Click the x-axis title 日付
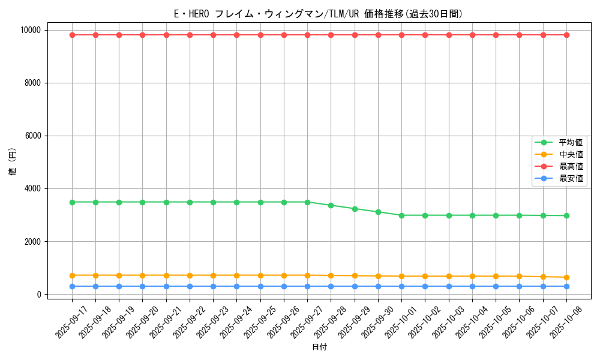pos(319,347)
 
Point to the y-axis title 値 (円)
pos(13,162)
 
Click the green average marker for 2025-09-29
pos(355,209)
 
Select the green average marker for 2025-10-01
pos(401,215)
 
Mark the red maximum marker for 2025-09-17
pos(72,35)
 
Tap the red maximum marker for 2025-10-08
pos(566,35)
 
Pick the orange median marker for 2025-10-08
pos(566,277)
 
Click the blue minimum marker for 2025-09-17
pos(72,286)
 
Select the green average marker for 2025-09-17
pos(72,202)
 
